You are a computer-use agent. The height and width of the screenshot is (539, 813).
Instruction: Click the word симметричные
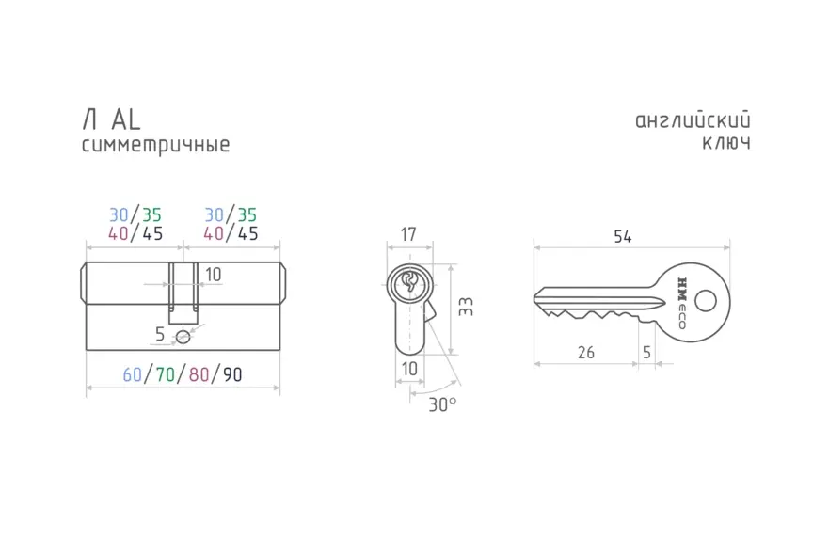[x=155, y=145]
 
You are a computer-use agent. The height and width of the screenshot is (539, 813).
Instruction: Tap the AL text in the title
[x=126, y=119]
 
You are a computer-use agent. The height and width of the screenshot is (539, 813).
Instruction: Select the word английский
[x=693, y=120]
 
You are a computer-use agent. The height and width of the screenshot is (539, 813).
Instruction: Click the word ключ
[x=726, y=143]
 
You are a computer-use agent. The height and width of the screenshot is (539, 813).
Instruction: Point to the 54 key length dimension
[x=623, y=237]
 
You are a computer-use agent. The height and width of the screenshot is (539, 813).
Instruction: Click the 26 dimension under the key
[x=586, y=353]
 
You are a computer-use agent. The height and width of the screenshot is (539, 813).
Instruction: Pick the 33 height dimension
[x=466, y=307]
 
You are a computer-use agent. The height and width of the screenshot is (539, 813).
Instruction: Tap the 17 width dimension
[x=408, y=234]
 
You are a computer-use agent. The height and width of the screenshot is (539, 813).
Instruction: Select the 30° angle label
[x=442, y=404]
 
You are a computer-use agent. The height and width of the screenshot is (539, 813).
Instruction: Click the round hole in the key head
[x=705, y=301]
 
